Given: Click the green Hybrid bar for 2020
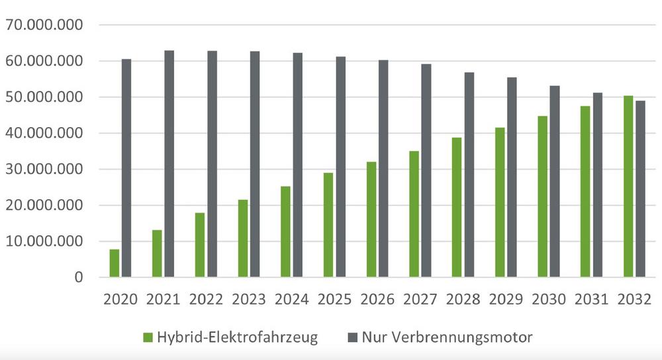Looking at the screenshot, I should (115, 263).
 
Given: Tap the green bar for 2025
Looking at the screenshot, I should (328, 225).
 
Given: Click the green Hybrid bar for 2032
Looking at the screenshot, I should (628, 187).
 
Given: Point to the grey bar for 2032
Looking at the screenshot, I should (641, 189).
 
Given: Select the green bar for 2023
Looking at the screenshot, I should (243, 238).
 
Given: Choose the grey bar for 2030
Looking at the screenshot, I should (555, 181).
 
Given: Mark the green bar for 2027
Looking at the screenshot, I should (414, 214).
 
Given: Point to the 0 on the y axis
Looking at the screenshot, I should (79, 277).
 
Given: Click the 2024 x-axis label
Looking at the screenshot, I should (291, 299).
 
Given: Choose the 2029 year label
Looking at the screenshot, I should (506, 299).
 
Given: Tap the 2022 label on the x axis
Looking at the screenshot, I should (206, 299).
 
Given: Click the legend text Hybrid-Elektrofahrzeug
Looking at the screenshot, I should (238, 337).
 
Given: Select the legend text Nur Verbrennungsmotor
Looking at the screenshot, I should (448, 337).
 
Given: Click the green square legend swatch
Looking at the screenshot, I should (148, 338).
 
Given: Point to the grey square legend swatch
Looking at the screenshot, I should (353, 338).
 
